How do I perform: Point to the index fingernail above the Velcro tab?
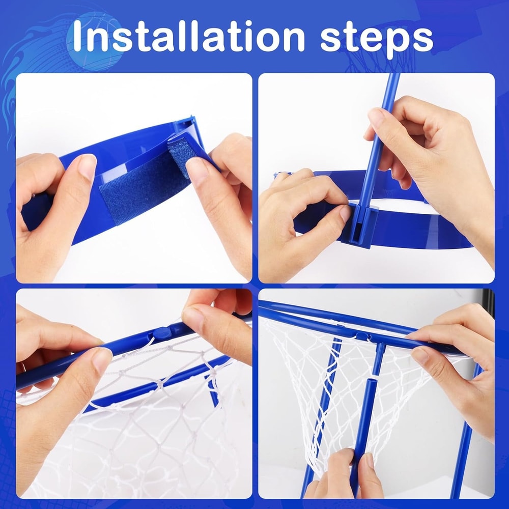click(197, 169)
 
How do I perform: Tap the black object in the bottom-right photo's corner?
click(488, 303)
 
